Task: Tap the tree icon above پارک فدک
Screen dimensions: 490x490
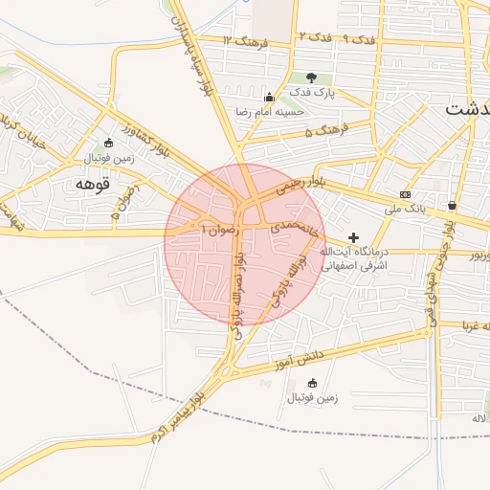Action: (310, 78)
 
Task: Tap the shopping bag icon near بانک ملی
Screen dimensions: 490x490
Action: (452, 205)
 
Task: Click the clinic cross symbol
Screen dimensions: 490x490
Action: (353, 236)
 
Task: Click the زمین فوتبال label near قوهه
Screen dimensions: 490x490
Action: (87, 156)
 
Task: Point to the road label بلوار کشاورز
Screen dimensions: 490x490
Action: (150, 136)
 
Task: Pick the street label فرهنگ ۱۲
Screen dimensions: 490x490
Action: (245, 42)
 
